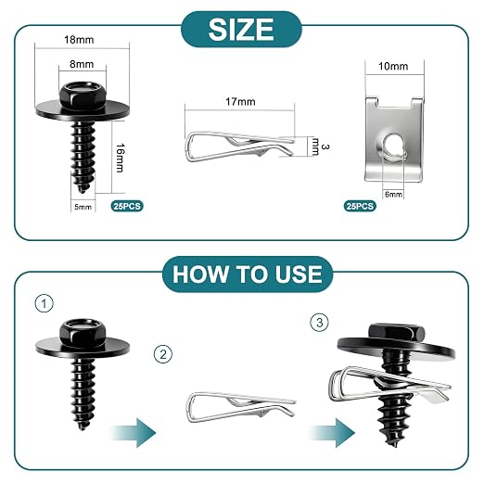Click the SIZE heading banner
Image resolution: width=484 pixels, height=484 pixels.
coord(241,30)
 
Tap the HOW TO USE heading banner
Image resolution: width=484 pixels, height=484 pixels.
coord(248,274)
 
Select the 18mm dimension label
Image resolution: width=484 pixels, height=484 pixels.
coord(79,40)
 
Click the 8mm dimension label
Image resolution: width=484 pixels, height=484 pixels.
coord(82,64)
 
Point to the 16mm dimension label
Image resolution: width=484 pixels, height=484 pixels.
coord(120,158)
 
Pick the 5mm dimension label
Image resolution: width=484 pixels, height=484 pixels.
coord(83,207)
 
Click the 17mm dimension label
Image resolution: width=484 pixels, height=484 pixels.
coord(240,102)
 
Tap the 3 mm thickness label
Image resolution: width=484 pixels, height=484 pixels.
coord(320,146)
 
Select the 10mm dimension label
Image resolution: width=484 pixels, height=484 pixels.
coord(393,66)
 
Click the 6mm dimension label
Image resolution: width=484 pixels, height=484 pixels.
coord(393,195)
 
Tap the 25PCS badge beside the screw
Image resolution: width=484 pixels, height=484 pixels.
coord(127,206)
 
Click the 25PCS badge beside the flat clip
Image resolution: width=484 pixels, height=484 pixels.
coord(360,206)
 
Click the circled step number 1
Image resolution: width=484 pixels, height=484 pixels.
coord(45,303)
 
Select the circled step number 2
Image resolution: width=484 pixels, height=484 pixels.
coord(163,354)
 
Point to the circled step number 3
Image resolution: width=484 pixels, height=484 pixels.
coord(320,323)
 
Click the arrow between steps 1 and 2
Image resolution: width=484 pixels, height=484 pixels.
coord(134,433)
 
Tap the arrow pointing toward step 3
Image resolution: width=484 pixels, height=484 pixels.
coord(332,433)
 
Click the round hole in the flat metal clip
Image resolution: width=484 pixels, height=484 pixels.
coord(393,145)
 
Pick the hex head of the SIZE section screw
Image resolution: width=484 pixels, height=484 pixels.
coord(83,96)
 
